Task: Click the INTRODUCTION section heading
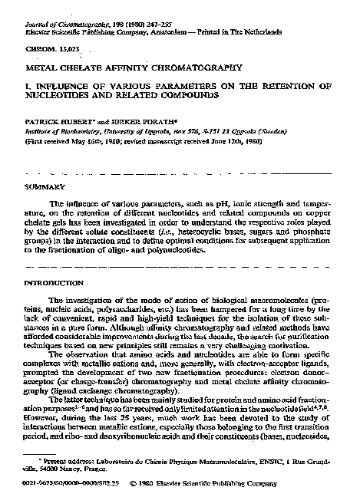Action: pos(52,283)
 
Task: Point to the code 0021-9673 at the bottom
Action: pos(41,485)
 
